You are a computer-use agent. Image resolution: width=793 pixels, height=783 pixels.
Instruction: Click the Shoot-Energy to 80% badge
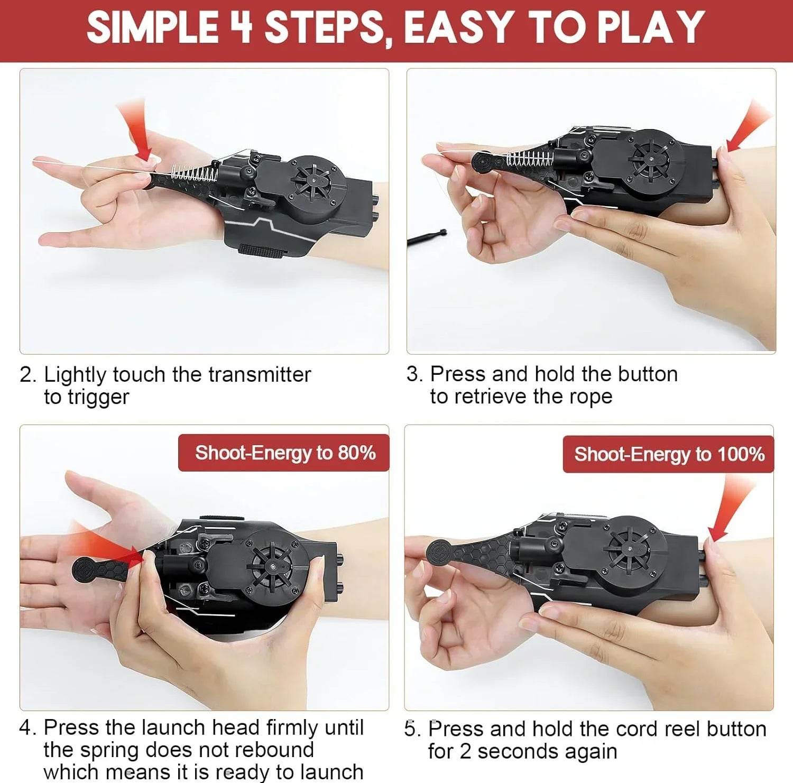click(x=284, y=453)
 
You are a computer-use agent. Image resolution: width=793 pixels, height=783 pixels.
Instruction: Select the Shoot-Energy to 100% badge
click(x=668, y=454)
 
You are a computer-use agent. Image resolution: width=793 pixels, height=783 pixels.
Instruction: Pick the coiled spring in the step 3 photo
click(x=529, y=158)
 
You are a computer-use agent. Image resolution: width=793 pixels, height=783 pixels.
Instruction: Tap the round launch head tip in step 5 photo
click(x=439, y=552)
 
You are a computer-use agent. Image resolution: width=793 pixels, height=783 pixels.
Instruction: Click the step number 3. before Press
click(x=414, y=374)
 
